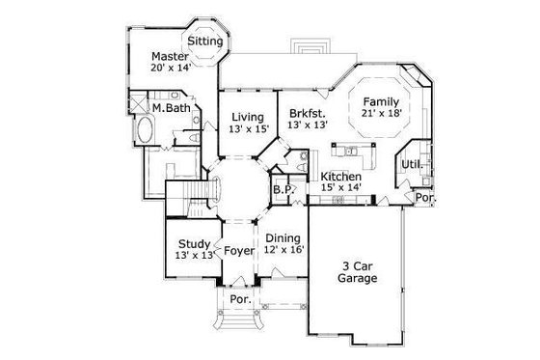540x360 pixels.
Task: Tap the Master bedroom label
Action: coord(169,57)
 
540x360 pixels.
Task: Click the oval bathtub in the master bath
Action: coord(146,132)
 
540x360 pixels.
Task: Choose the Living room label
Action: coord(247,117)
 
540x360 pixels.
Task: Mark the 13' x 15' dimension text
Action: coord(247,129)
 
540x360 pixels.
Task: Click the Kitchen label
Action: coord(340,178)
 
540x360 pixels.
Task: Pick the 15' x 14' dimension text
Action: coord(340,190)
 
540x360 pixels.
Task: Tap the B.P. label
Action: coord(283,190)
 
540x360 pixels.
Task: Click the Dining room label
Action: coord(283,238)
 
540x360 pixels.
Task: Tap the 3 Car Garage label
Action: coord(358,272)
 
